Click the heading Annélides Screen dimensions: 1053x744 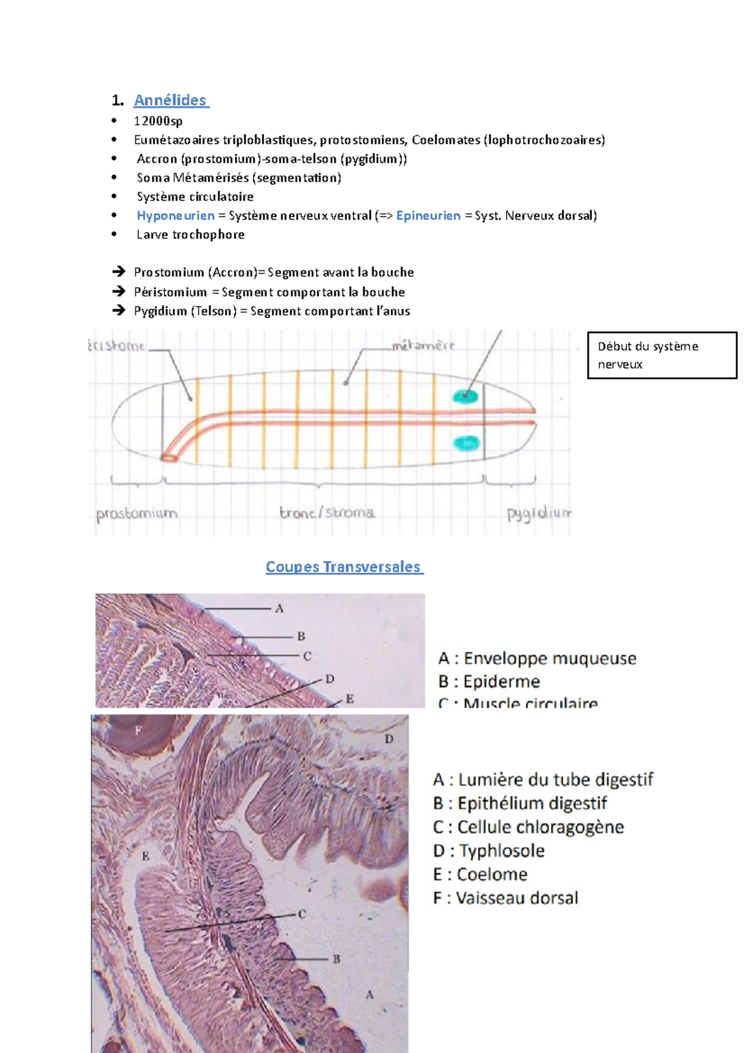click(x=170, y=100)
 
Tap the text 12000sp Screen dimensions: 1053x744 click(x=158, y=121)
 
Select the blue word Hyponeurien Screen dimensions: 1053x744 click(x=175, y=216)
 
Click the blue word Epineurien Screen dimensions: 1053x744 click(x=428, y=216)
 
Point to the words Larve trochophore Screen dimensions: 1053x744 click(x=190, y=234)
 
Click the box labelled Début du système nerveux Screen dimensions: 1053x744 click(x=662, y=355)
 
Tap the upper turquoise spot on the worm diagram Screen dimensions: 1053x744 click(x=465, y=396)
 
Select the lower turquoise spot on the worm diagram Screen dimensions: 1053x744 click(x=467, y=443)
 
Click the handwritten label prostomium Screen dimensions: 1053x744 click(x=137, y=513)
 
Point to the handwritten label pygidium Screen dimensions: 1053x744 click(x=539, y=513)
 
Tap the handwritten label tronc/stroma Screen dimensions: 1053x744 click(x=327, y=513)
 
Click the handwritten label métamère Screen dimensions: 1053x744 click(x=423, y=345)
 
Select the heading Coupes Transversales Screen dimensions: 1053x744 click(x=344, y=567)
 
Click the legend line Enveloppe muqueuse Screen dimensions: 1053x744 click(x=538, y=658)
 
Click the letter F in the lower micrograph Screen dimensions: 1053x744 click(x=138, y=731)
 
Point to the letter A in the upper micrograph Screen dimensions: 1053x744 click(x=280, y=609)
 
